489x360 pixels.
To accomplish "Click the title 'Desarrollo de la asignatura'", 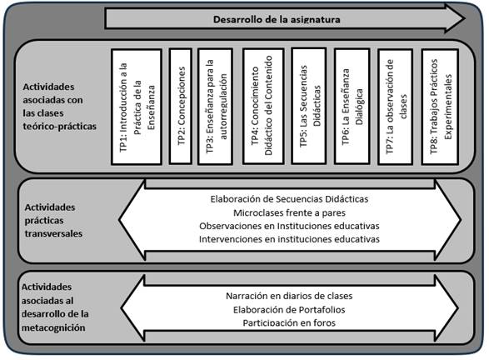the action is click(277, 19).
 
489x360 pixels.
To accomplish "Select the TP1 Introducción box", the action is click(137, 107).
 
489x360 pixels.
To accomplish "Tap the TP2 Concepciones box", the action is click(181, 106).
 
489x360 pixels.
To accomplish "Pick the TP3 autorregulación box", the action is click(216, 107).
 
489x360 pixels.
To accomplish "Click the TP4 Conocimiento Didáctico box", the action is click(263, 106).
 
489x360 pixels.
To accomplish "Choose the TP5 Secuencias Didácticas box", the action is click(309, 106).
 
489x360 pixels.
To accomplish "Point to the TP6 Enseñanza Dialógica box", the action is click(352, 106).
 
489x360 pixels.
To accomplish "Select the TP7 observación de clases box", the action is click(396, 107).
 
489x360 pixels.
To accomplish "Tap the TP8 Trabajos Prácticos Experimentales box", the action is click(440, 107).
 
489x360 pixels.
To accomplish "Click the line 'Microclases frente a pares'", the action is click(289, 212).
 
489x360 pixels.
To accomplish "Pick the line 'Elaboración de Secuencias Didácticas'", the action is click(289, 199).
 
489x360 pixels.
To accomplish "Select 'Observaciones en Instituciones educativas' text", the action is click(289, 226).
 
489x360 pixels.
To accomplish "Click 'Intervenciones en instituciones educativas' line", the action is click(289, 239).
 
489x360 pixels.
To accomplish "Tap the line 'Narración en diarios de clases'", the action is click(289, 296).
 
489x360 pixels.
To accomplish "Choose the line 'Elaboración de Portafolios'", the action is click(289, 310).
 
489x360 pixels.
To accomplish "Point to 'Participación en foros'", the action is click(289, 322).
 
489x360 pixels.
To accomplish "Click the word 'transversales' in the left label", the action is click(53, 233).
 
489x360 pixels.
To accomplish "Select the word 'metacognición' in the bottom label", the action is click(53, 327).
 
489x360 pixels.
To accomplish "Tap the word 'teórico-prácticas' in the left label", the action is click(60, 127).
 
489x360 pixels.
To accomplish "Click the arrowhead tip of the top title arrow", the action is click(465, 18).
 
